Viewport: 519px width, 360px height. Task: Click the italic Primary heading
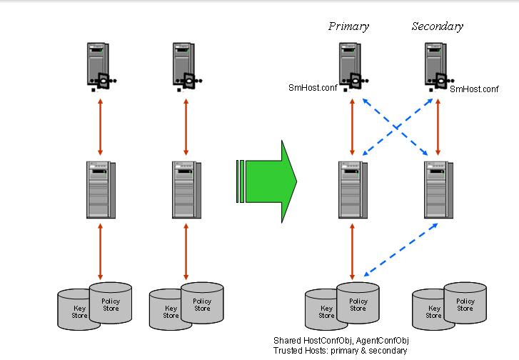point(348,26)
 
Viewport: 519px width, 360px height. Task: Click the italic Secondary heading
point(437,26)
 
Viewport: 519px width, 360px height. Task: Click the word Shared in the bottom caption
point(287,341)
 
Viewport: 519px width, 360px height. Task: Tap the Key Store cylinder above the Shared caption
point(325,311)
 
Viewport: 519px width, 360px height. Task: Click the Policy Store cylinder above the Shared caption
point(358,304)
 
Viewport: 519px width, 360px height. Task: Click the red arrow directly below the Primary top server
point(352,127)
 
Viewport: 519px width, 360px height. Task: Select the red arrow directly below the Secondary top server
point(438,127)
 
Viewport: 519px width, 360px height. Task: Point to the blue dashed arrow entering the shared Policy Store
point(400,248)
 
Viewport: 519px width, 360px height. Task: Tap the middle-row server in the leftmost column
point(100,190)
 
